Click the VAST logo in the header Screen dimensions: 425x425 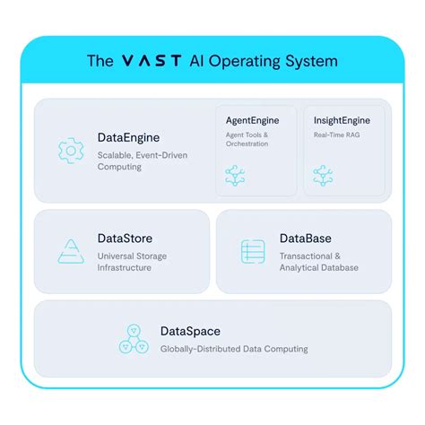[x=152, y=61]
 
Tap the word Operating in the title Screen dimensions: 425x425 [x=245, y=62]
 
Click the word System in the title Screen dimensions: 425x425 [x=311, y=62]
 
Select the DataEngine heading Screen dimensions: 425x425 [x=128, y=138]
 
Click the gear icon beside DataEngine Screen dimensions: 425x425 [x=71, y=151]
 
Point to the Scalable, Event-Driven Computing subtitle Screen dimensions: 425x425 [x=143, y=161]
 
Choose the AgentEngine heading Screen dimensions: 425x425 [x=253, y=120]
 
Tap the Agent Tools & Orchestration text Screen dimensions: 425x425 [x=247, y=139]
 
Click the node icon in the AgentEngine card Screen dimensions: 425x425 [x=235, y=176]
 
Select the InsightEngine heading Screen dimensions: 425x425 [x=342, y=120]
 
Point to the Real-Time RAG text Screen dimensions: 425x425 [x=336, y=134]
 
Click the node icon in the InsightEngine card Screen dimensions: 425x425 [x=323, y=176]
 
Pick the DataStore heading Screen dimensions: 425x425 [x=125, y=239]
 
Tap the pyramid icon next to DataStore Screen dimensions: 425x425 [x=71, y=251]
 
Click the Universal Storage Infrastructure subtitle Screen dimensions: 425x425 [x=132, y=262]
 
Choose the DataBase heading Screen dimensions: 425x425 [x=306, y=239]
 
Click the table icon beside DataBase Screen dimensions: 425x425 [x=253, y=251]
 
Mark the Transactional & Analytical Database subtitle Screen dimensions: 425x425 [x=319, y=262]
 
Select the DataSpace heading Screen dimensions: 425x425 [x=190, y=332]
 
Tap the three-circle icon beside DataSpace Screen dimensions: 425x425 [x=134, y=339]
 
